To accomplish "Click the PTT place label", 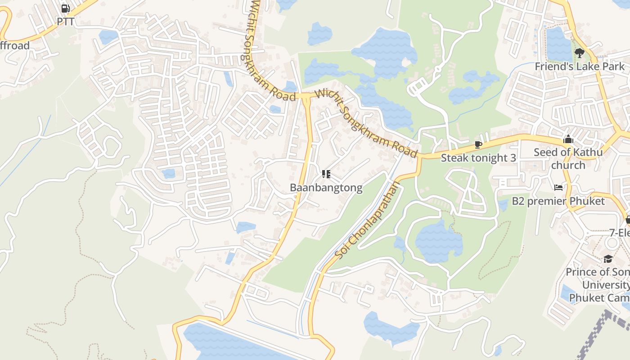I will pyautogui.click(x=65, y=21).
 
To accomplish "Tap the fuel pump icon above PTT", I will pyautogui.click(x=65, y=8).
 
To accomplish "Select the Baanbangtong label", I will pyautogui.click(x=326, y=188).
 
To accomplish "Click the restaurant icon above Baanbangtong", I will pyautogui.click(x=326, y=174).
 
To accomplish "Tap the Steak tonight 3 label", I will pyautogui.click(x=478, y=158).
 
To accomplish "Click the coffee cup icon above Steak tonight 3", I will pyautogui.click(x=478, y=144).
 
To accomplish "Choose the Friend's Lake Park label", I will pyautogui.click(x=580, y=67).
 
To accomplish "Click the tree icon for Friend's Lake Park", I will pyautogui.click(x=580, y=53).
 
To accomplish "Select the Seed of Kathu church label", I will pyautogui.click(x=568, y=158).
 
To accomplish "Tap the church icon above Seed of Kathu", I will pyautogui.click(x=568, y=139).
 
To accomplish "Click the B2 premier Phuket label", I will pyautogui.click(x=558, y=201).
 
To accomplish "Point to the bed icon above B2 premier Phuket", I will pyautogui.click(x=558, y=187).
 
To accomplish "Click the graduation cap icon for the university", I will pyautogui.click(x=608, y=259).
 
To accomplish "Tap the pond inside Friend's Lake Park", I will pyautogui.click(x=558, y=43).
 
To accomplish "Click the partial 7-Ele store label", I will pyautogui.click(x=619, y=233).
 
